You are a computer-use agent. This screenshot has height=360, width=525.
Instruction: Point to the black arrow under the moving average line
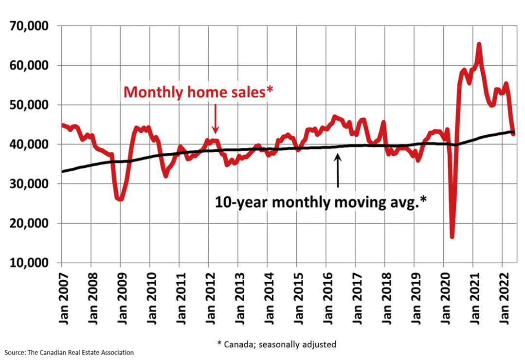click(x=338, y=170)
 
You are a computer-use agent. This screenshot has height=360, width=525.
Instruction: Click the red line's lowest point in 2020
click(x=452, y=237)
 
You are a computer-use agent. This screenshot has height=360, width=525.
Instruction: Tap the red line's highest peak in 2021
click(x=479, y=44)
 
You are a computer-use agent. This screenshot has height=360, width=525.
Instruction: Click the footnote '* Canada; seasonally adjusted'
click(x=276, y=344)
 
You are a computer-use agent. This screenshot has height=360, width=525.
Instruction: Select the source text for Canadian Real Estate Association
click(x=68, y=352)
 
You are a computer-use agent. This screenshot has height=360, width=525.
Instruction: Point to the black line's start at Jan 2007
click(x=62, y=171)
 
